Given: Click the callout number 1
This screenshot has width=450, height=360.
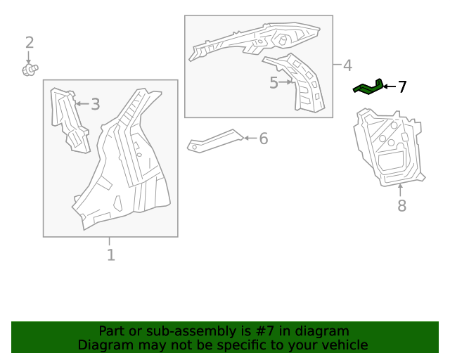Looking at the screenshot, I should tap(110, 255).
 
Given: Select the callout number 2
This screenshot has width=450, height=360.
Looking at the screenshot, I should tap(30, 43).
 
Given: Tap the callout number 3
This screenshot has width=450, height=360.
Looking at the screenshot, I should tap(95, 105).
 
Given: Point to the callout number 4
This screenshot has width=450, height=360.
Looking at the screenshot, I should tap(347, 65).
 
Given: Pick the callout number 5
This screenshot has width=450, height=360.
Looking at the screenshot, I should tap(274, 83).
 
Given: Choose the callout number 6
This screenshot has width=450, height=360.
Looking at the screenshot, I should tap(263, 139).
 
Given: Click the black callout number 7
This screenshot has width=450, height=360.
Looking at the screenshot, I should tap(402, 87).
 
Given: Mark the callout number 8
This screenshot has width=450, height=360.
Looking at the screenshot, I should tap(401, 206).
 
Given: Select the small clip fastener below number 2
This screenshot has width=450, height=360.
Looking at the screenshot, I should tap(30, 69).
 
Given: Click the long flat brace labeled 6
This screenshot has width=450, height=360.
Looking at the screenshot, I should tap(214, 140).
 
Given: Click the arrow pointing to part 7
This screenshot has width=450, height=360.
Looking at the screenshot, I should tap(389, 87).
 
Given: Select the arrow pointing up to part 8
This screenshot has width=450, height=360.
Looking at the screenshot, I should tap(401, 190).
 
